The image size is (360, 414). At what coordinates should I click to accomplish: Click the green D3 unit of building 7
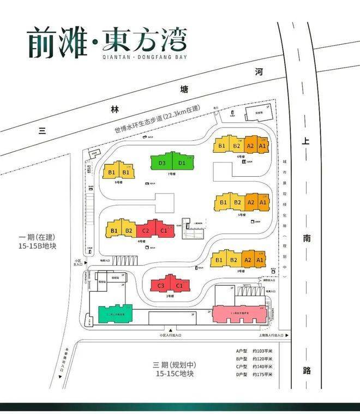pos(162,163)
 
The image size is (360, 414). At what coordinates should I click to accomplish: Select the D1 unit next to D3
pos(182,163)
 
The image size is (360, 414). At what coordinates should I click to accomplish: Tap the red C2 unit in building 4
pos(146,231)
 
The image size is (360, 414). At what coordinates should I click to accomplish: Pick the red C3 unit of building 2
pos(161,286)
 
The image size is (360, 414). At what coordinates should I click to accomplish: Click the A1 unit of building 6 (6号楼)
pos(263,146)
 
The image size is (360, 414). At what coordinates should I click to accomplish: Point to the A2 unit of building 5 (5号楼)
pos(251,203)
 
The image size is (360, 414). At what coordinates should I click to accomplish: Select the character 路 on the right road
pos(307,370)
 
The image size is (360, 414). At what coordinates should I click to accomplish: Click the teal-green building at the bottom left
pos(116,314)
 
